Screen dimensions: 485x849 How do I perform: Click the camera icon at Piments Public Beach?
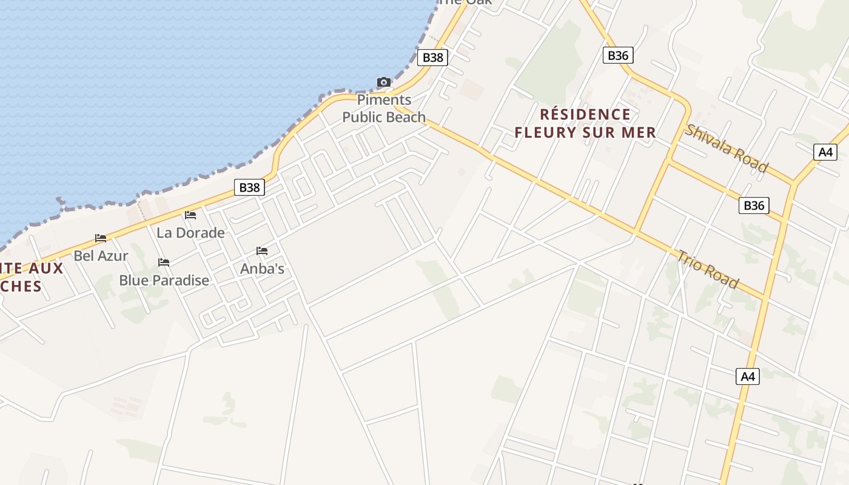pos(383,82)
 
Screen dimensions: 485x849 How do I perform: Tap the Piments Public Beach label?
pos(384,109)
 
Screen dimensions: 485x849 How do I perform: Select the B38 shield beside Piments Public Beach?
pos(433,58)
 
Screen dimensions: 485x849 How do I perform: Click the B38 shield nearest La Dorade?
pos(249,187)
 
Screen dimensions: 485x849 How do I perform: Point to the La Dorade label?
pos(190,232)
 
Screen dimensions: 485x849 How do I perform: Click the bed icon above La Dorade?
pos(190,215)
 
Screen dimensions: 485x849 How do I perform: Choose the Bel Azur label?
pos(101,255)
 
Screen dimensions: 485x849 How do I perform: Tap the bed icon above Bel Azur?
pos(101,238)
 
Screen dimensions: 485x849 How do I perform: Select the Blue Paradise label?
pos(164,279)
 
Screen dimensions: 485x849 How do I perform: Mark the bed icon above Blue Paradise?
pos(164,262)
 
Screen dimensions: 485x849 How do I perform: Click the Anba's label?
pos(262,268)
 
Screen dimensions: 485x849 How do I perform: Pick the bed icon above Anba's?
pos(262,250)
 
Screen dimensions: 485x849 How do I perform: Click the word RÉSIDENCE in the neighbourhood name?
pos(585,114)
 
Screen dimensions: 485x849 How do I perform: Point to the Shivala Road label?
pos(727,148)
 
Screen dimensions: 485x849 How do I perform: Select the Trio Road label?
pos(708,269)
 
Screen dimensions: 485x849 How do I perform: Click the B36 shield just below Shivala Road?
pos(754,206)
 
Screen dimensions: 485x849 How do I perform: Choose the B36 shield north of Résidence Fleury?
pos(618,56)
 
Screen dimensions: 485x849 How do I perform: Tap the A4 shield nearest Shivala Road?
pos(825,152)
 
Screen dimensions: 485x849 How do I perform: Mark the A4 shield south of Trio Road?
pos(748,376)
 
